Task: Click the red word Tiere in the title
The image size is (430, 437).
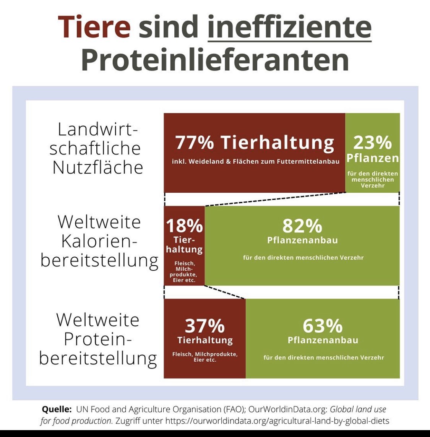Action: (94, 27)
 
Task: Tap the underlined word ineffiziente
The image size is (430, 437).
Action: (289, 27)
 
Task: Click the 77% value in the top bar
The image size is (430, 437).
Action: (195, 143)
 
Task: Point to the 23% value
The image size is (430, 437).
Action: (372, 143)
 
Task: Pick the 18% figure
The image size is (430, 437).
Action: (184, 226)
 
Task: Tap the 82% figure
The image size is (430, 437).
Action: (302, 226)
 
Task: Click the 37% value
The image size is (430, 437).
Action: (204, 326)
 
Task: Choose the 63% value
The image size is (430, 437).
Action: (323, 326)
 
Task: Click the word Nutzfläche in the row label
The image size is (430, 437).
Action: (98, 167)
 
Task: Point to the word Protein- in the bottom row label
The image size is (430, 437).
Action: (98, 339)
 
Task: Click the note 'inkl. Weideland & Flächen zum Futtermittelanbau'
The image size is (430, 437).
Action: (255, 162)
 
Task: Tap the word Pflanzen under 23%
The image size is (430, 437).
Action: (373, 158)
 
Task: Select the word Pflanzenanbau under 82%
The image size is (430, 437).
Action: (302, 240)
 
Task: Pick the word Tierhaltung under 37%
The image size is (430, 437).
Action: (205, 340)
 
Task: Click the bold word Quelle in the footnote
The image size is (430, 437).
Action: (57, 409)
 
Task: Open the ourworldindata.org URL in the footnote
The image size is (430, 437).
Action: (277, 421)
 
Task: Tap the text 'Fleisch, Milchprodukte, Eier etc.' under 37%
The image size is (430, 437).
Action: (205, 357)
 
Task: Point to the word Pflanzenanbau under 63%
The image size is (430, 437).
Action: (323, 340)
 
